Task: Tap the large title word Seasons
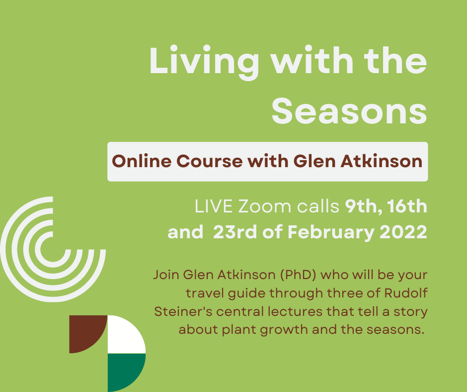pyautogui.click(x=349, y=111)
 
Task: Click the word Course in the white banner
pyautogui.click(x=209, y=161)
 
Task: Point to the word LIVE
pyautogui.click(x=214, y=206)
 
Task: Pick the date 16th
pyautogui.click(x=407, y=206)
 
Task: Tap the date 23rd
pyautogui.click(x=235, y=232)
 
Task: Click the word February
pyautogui.click(x=331, y=232)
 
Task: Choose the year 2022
pyautogui.click(x=403, y=232)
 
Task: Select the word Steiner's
pyautogui.click(x=183, y=311)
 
